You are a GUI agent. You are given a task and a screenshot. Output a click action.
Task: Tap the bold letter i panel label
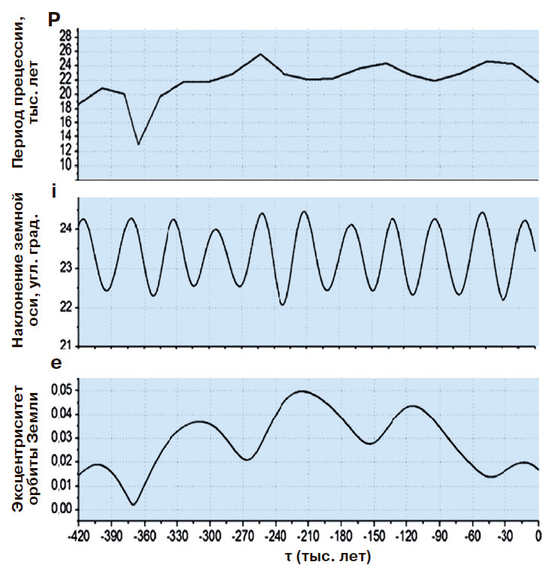(53, 191)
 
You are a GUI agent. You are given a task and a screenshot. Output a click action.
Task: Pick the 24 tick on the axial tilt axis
(65, 228)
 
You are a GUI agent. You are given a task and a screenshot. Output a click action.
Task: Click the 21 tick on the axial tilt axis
(65, 346)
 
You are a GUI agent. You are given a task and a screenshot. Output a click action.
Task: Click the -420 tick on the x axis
(78, 534)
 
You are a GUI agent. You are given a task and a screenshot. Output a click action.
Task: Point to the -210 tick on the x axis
(308, 534)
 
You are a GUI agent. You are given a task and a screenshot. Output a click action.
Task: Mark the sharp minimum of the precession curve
(138, 144)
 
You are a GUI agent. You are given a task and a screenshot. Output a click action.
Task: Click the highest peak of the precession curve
(260, 54)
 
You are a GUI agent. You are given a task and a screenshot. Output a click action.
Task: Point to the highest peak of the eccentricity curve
(303, 391)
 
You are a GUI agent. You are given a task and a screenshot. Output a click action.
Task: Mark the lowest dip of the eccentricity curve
(133, 504)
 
